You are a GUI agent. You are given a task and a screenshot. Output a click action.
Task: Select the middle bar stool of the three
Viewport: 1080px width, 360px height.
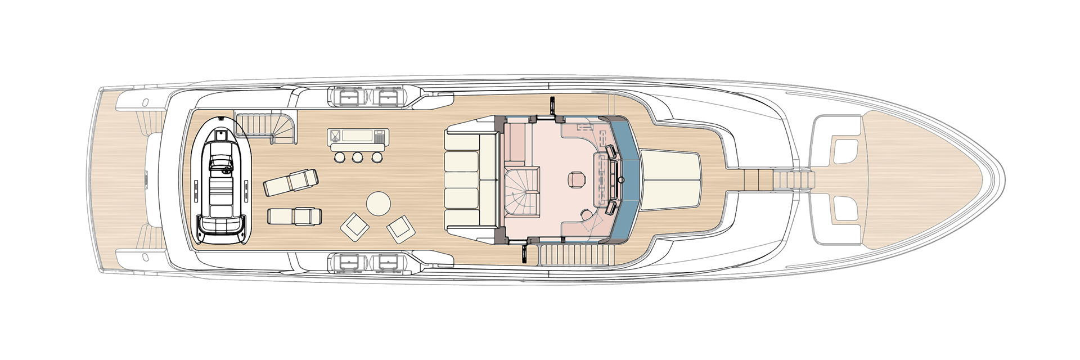[x=357, y=157]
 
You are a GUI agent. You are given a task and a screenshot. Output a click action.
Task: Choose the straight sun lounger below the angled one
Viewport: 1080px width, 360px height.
[x=294, y=217]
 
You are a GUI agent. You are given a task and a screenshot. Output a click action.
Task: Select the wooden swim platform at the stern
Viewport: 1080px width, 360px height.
[x=117, y=180]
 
